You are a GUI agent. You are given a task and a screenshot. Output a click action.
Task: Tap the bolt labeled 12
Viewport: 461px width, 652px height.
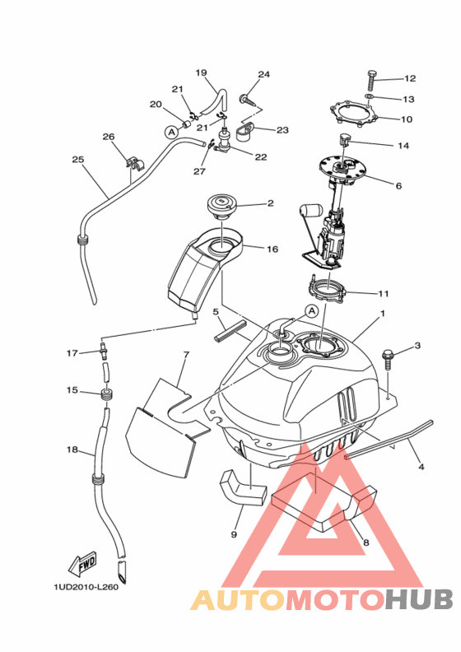point(371,81)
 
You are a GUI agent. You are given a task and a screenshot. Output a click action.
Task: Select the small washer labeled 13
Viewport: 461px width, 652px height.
point(369,97)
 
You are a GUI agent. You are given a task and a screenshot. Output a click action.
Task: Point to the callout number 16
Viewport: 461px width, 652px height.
point(272,249)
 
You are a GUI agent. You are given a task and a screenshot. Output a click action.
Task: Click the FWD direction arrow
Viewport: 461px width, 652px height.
point(83,563)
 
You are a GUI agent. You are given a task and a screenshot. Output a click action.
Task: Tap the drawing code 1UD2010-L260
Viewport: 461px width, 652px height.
point(86,587)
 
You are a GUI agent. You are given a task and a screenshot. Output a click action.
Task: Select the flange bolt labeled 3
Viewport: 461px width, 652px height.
point(387,359)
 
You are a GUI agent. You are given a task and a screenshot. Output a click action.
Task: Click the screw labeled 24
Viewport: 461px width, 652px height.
point(245,100)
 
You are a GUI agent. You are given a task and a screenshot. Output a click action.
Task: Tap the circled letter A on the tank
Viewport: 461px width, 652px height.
point(311,310)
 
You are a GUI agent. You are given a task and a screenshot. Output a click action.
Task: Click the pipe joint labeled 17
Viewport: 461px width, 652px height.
point(105,352)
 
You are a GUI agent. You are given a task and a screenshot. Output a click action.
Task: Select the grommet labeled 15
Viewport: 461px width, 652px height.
point(107,394)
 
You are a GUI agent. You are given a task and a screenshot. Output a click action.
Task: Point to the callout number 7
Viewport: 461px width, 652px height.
point(186,355)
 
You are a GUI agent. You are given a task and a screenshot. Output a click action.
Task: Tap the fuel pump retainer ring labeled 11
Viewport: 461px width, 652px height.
point(327,289)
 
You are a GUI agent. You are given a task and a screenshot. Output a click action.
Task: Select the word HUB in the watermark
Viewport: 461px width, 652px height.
point(418,599)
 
